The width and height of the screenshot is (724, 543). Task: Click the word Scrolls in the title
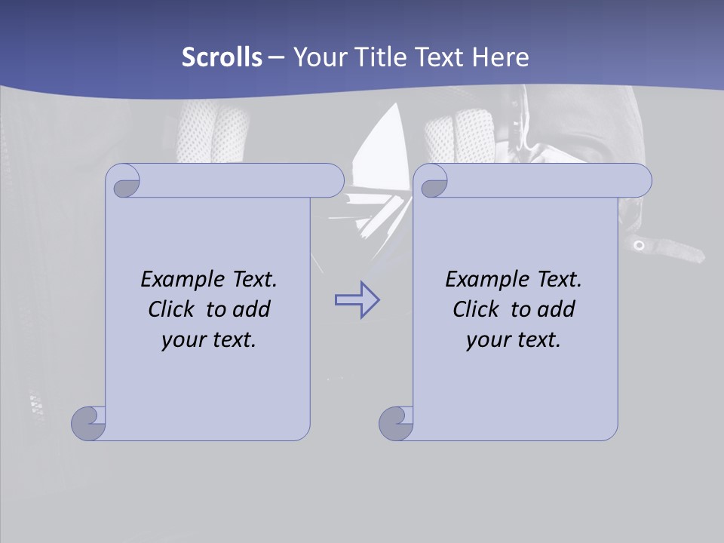[x=222, y=57]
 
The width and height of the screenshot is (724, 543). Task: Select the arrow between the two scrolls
[x=357, y=300]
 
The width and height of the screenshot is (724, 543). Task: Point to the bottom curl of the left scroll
[x=88, y=424]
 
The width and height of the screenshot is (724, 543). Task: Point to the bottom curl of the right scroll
[x=396, y=424]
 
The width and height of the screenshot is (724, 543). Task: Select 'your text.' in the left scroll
[x=209, y=340]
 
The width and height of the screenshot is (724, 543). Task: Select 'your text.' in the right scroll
[x=514, y=340]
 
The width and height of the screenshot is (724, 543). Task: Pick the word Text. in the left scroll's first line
[x=252, y=280]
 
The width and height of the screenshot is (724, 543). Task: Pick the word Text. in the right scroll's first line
[x=557, y=280]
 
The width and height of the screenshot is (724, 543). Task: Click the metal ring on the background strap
[x=639, y=245]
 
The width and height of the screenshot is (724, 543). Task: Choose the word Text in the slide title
[x=438, y=57]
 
